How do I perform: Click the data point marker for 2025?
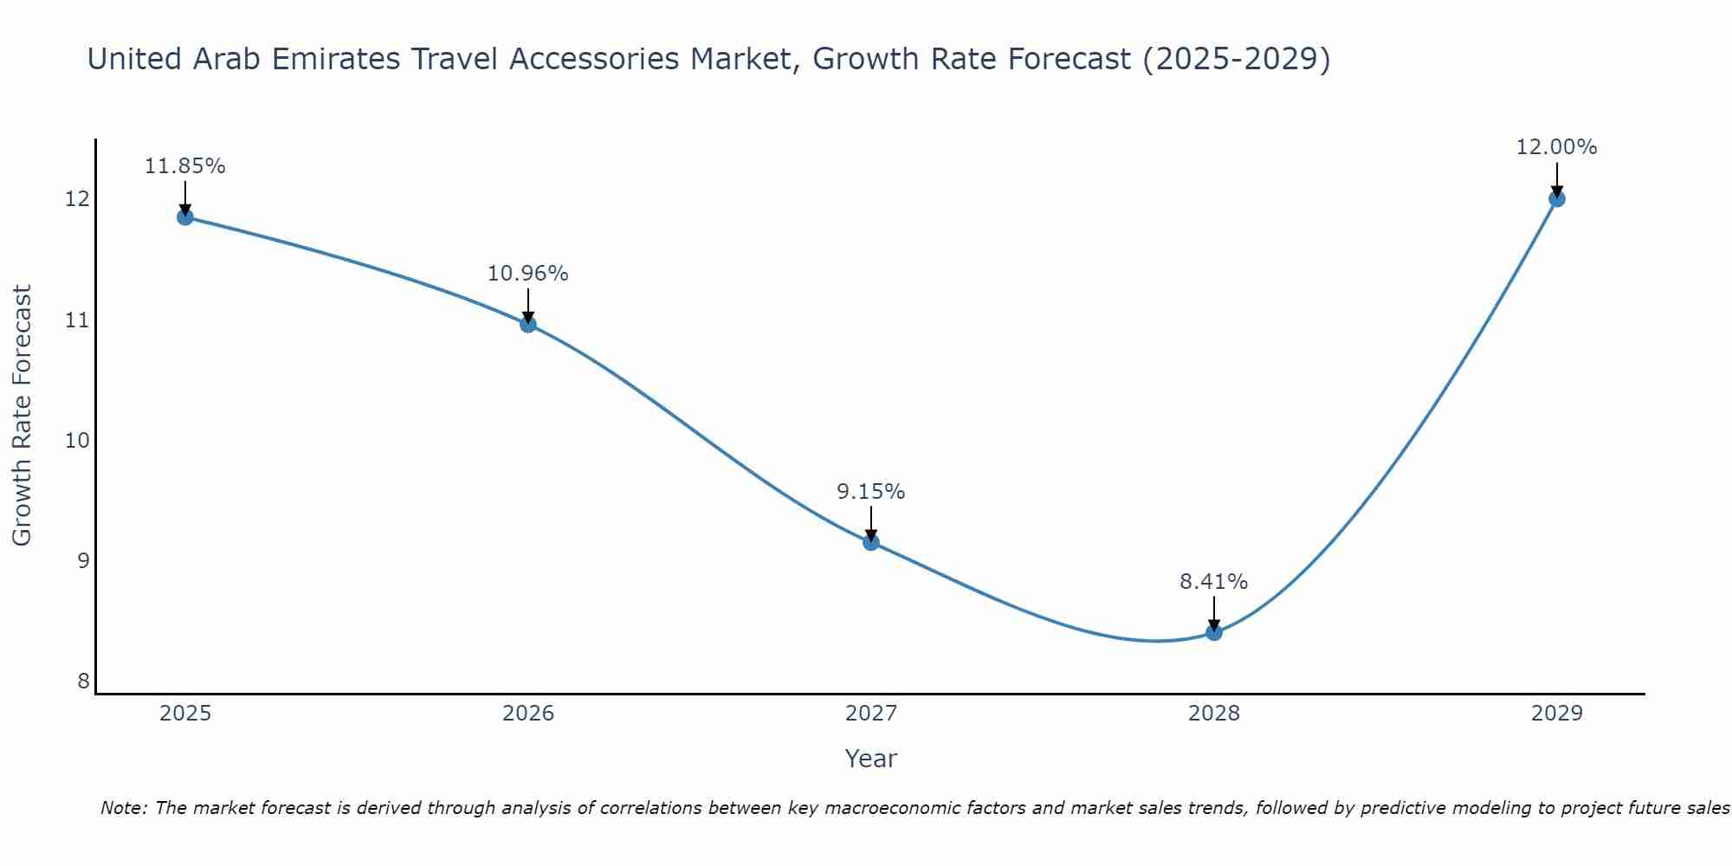click(x=184, y=216)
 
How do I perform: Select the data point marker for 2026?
click(x=527, y=324)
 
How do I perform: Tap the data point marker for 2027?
click(x=870, y=542)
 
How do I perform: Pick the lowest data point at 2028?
click(x=1213, y=632)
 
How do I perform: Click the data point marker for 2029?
click(x=1556, y=198)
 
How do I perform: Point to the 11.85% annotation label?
click(x=184, y=166)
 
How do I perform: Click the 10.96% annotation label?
click(x=527, y=274)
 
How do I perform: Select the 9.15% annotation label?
click(x=870, y=492)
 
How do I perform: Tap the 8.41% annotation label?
click(x=1213, y=582)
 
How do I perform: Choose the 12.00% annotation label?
click(x=1556, y=147)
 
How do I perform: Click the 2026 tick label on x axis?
click(x=528, y=714)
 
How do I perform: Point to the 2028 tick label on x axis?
click(x=1213, y=714)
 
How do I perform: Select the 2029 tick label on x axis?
click(x=1556, y=714)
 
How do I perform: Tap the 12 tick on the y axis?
click(x=77, y=199)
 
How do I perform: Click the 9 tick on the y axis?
click(x=83, y=561)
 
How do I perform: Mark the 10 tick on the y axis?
click(x=77, y=441)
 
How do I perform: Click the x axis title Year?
click(x=870, y=759)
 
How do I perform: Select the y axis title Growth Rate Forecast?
click(x=23, y=416)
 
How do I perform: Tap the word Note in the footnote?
click(x=123, y=809)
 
